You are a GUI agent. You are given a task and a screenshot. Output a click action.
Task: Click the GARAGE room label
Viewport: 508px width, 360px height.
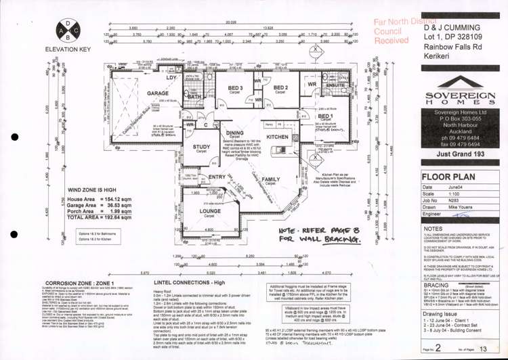point(158,94)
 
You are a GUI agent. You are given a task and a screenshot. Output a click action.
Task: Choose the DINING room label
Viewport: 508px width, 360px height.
point(235,133)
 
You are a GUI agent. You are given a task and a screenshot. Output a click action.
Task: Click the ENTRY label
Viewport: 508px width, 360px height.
point(217,177)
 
